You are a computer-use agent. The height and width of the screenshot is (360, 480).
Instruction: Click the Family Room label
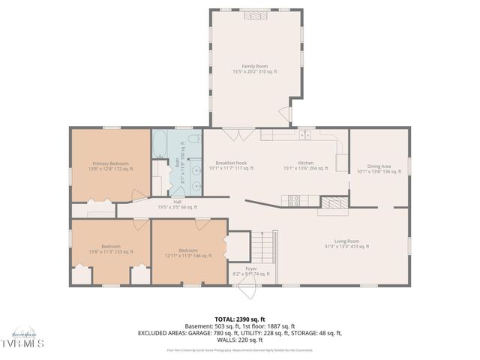click(x=254, y=68)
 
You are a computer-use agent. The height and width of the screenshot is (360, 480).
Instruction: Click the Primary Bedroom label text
click(x=110, y=166)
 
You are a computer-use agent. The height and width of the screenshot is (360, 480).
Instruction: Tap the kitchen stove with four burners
click(x=294, y=199)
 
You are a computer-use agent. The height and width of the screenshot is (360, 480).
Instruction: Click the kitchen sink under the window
click(x=304, y=136)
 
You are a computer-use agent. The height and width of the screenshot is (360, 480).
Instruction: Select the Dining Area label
click(x=379, y=169)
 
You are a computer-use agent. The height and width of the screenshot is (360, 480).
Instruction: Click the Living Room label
click(x=346, y=243)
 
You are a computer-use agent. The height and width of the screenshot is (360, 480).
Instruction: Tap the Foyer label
click(x=250, y=271)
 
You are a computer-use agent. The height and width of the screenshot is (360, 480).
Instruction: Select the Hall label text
click(x=177, y=205)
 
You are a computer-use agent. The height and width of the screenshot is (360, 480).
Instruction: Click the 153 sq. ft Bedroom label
click(x=110, y=249)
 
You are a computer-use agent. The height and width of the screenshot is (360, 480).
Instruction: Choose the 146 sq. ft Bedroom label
click(x=187, y=253)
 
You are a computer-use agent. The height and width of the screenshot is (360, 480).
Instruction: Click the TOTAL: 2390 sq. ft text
click(x=239, y=319)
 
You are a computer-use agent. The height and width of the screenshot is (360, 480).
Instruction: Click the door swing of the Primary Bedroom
click(x=137, y=197)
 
